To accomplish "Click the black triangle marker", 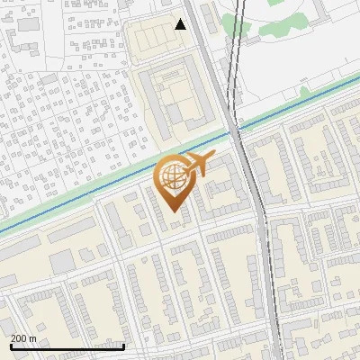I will click(x=181, y=24).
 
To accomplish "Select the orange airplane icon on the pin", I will click(x=197, y=164).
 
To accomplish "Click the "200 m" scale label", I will click(x=23, y=338).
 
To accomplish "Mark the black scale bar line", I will click(x=67, y=347).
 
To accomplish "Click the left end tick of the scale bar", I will click(x=11, y=346).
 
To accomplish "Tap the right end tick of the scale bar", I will click(x=123, y=346).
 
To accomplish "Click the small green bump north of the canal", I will click(x=305, y=91).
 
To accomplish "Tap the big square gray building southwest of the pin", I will click(x=60, y=261).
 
